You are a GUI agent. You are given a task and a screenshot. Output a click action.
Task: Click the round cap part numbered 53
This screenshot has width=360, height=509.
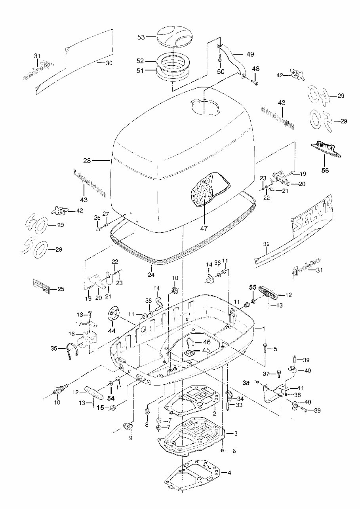click(173, 36)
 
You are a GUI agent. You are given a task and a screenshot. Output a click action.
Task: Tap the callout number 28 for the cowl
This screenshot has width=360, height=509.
click(87, 161)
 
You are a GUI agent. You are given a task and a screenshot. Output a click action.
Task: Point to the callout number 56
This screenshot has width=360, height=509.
click(324, 171)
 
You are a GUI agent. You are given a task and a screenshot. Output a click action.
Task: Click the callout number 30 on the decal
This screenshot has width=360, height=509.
click(109, 63)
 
